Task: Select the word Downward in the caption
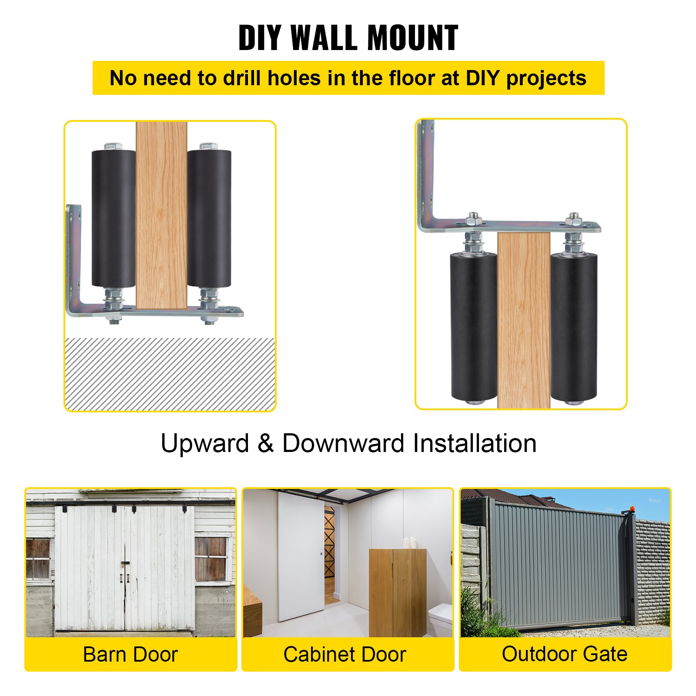coord(343,444)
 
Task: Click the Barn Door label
coord(130,655)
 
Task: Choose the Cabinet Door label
coord(345,655)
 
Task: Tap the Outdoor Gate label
coord(565,654)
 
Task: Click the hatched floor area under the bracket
coord(170,374)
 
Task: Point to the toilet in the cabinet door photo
coord(440,618)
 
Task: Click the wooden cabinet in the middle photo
coord(397,592)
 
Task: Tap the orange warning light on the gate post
coord(630,509)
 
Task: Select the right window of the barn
coord(211,559)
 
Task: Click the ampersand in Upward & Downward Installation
coord(265,444)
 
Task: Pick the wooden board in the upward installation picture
coord(161,215)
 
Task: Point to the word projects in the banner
coord(546,79)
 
